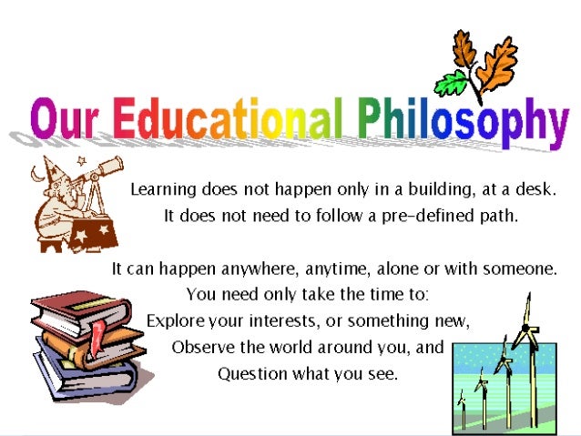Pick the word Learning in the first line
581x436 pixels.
click(164, 191)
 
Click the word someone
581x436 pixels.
click(521, 269)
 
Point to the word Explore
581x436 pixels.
click(176, 321)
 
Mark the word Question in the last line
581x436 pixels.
click(250, 374)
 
